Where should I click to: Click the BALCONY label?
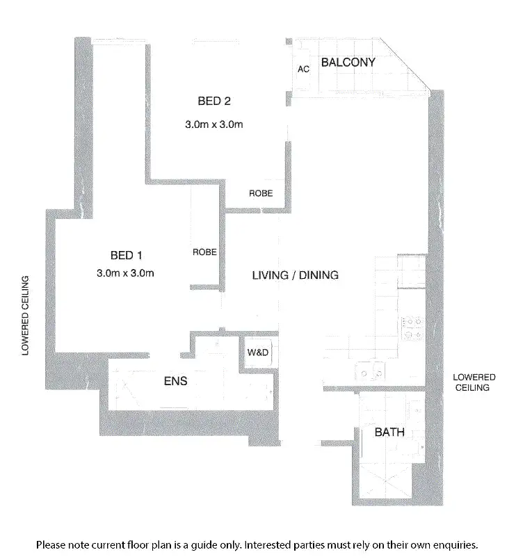point(348,63)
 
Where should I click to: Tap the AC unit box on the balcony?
point(303,70)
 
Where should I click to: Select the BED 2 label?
point(214,101)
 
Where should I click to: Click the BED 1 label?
point(126,254)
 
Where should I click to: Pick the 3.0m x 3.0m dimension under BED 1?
point(125,273)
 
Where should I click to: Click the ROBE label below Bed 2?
point(261,193)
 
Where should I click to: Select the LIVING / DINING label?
point(295,275)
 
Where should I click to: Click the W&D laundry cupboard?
point(258,353)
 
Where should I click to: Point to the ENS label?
point(175,382)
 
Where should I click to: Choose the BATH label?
point(389,432)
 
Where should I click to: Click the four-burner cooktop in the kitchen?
point(412,328)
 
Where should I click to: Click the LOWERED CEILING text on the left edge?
point(26,316)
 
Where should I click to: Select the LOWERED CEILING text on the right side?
point(472,382)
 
